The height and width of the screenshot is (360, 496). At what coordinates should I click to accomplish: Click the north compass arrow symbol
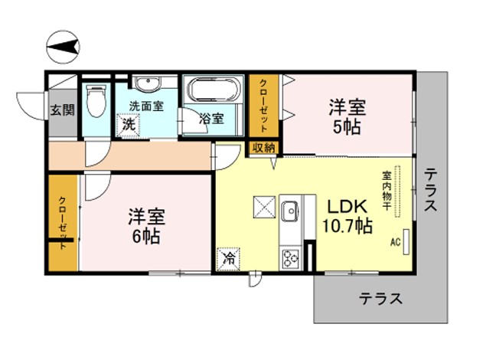coord(63,47)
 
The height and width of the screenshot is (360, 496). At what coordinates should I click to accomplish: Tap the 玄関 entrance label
coord(63,110)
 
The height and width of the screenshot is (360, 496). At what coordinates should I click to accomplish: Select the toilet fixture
coord(96,100)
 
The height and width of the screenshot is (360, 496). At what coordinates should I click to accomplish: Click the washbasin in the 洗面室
coord(146,83)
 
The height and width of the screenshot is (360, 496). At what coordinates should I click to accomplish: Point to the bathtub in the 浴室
coord(214,89)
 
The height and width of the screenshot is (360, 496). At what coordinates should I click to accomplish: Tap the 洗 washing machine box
coord(129,124)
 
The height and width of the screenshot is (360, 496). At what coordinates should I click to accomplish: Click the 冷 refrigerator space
coord(228,259)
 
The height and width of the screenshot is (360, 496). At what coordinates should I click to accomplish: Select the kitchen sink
coord(290,211)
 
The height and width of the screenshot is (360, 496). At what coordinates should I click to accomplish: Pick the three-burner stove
coord(290,259)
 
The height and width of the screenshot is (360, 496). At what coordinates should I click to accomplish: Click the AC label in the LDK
coord(396,242)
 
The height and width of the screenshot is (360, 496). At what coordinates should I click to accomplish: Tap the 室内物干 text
coord(387,191)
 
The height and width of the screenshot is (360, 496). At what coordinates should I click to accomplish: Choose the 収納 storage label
coord(263,148)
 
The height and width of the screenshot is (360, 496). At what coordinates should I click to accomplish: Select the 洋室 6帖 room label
coord(146,226)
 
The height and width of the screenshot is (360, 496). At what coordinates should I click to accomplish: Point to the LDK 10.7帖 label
coord(347,216)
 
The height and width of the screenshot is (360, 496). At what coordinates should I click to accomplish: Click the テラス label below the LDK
coord(380,298)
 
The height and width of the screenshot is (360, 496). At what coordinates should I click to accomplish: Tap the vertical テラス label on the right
coord(431,189)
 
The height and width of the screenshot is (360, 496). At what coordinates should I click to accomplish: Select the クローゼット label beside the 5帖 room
coord(263,106)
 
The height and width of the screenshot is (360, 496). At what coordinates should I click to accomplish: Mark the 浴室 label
coord(211,119)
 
